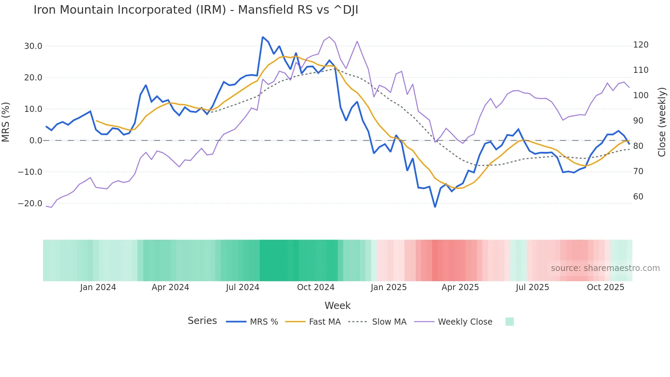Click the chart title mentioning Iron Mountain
(x=196, y=10)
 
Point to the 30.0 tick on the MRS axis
(x=33, y=46)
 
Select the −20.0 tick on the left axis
(x=30, y=204)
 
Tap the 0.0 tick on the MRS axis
(x=36, y=141)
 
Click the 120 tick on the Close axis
(x=641, y=45)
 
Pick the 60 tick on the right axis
(x=638, y=197)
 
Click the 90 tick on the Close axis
(x=638, y=121)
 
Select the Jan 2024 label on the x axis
(x=98, y=287)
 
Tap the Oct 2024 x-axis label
(x=316, y=287)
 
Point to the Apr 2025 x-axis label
(x=460, y=287)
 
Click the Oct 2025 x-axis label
(x=605, y=287)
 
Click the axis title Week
(x=337, y=305)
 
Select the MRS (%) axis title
(x=6, y=122)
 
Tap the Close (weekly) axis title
(x=662, y=122)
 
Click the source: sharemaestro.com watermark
(x=605, y=268)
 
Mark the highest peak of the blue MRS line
(x=263, y=37)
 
